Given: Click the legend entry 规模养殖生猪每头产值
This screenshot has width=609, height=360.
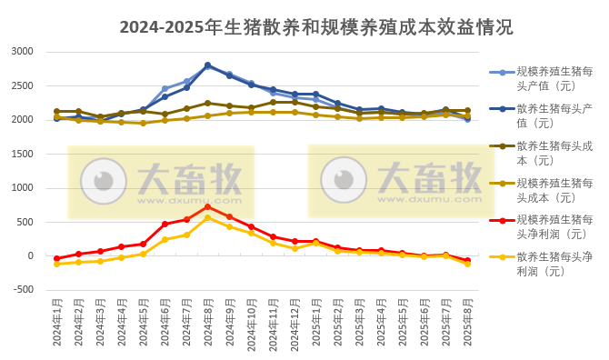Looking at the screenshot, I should click(x=554, y=78).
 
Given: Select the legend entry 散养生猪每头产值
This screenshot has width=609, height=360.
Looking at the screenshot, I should click(x=554, y=115).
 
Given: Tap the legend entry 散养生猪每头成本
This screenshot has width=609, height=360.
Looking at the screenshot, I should click(x=554, y=153).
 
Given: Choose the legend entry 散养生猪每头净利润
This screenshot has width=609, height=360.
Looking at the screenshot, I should click(x=554, y=265).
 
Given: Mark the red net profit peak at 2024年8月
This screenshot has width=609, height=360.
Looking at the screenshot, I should click(x=207, y=206).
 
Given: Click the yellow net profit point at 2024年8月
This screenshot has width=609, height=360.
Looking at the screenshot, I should click(x=207, y=217).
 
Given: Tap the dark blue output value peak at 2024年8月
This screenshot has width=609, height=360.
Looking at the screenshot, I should click(x=207, y=65).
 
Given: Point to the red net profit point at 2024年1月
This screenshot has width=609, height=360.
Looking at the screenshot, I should click(x=56, y=258).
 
